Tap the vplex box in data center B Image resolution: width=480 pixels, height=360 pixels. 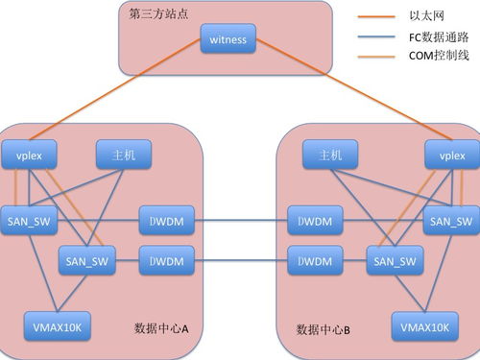(x=450, y=155)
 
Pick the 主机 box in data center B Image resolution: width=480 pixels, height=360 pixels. (x=329, y=155)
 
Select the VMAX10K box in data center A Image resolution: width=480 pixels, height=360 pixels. (x=52, y=328)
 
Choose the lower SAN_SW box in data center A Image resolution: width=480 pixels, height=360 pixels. (x=86, y=259)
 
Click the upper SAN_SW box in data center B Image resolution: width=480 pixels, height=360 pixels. (x=449, y=221)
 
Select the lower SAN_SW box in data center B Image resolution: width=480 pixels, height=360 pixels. (x=394, y=260)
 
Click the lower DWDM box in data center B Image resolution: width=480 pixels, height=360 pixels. (x=315, y=260)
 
